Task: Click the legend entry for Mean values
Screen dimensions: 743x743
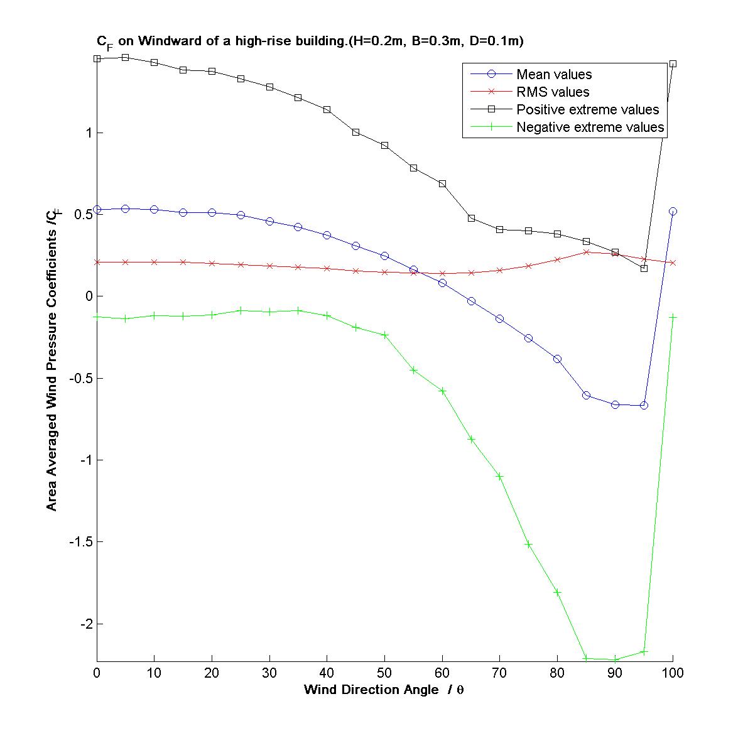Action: pos(553,75)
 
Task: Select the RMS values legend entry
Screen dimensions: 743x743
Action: pos(553,92)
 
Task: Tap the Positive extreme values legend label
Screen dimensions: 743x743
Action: pos(587,110)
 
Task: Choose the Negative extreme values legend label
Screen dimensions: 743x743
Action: pos(590,127)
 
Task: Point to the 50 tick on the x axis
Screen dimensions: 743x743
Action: pos(384,673)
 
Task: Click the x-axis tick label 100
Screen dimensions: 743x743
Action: pos(673,673)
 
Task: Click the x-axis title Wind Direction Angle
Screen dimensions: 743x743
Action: pos(371,690)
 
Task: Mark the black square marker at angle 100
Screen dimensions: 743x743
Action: pos(673,64)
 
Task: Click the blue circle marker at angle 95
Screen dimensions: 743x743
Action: pos(644,406)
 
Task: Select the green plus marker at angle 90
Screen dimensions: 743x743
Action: pos(615,659)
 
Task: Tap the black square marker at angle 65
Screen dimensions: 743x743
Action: pos(471,218)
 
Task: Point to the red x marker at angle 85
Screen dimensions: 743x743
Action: pos(586,252)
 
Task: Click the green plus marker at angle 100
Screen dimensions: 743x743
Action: pos(673,317)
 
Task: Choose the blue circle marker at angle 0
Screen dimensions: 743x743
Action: pos(97,210)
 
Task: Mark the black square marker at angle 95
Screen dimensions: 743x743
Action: pos(644,268)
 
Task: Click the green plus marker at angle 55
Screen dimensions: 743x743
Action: pos(413,370)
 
